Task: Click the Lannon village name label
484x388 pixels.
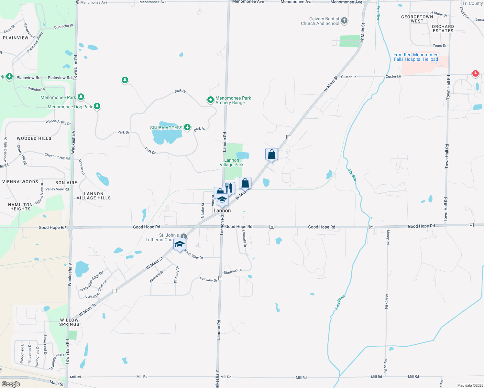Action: tap(222, 210)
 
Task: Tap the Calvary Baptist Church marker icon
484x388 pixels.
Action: tap(344, 21)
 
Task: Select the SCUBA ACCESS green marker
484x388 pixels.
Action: tap(187, 127)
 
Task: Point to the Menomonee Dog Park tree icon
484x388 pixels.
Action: tap(97, 106)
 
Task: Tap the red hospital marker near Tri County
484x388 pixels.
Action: tap(475, 73)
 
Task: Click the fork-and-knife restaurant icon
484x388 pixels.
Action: tap(229, 188)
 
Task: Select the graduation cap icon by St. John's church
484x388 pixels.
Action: tap(180, 244)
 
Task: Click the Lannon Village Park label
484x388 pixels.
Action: tap(232, 162)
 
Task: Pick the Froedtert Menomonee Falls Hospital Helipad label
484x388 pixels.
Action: tap(416, 57)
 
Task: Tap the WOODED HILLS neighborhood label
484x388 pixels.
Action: tap(34, 138)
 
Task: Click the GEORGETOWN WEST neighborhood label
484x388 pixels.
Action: tap(417, 19)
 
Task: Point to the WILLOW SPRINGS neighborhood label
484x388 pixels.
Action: tap(69, 322)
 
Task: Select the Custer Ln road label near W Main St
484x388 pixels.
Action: tap(348, 77)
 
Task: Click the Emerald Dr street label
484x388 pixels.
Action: tap(244, 239)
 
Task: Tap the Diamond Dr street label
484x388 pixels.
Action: tap(233, 272)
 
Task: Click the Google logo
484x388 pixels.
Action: tap(11, 384)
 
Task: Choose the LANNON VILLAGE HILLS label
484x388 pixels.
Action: tap(93, 196)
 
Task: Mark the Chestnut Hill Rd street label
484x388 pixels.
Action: tap(57, 156)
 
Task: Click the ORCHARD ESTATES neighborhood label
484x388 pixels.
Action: tap(443, 28)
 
